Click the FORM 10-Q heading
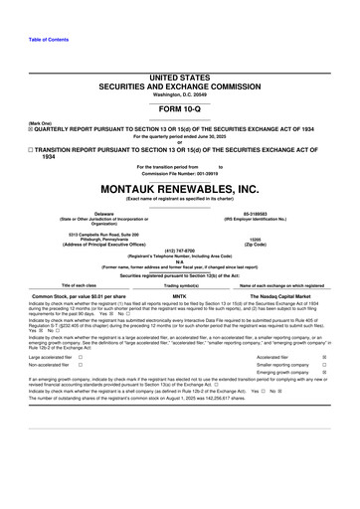click(180, 111)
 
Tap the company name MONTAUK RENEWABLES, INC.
click(180, 186)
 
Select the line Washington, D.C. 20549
click(180, 95)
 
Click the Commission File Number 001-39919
click(180, 173)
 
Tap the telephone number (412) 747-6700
click(180, 250)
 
